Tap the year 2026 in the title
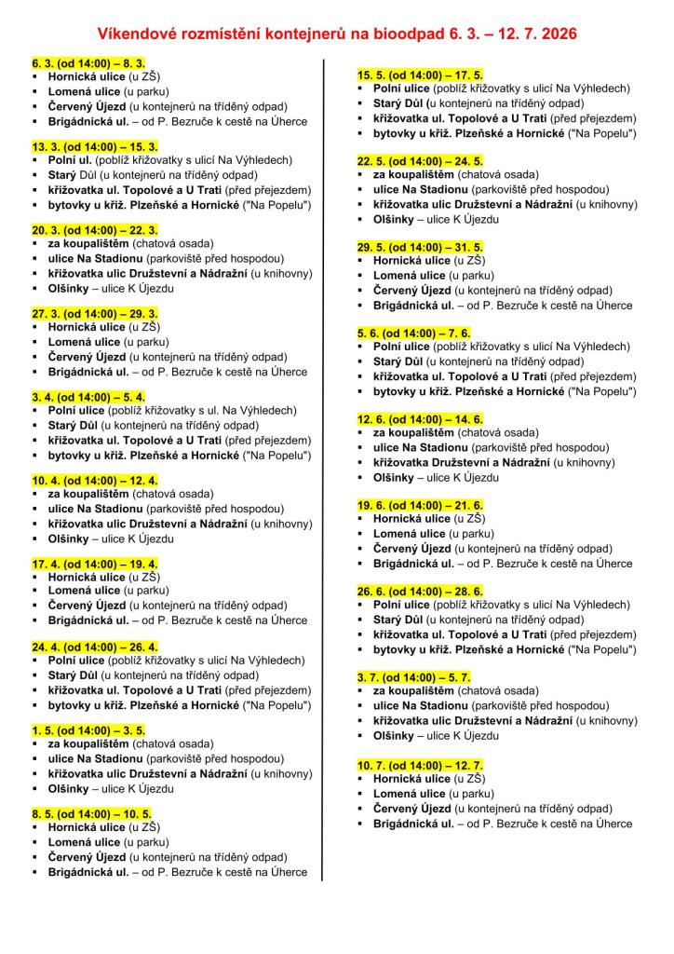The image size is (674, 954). click(557, 34)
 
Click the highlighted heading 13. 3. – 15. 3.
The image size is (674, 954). click(95, 147)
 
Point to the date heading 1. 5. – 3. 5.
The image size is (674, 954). click(88, 729)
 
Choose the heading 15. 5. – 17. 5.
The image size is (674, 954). click(421, 75)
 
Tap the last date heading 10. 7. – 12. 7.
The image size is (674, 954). click(421, 765)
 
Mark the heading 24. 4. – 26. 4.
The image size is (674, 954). click(95, 647)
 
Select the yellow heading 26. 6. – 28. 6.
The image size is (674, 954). click(421, 591)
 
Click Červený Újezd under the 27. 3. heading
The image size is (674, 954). click(87, 357)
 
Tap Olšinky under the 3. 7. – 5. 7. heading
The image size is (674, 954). click(394, 735)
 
